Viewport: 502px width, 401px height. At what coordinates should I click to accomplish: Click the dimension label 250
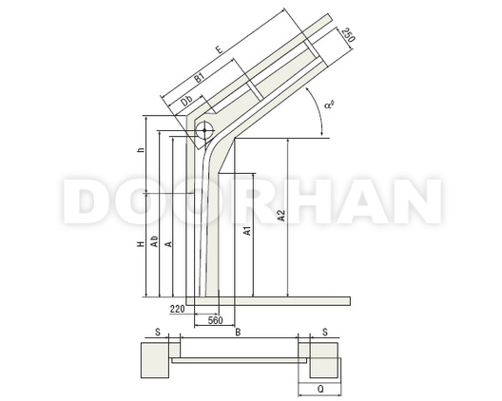click(x=348, y=35)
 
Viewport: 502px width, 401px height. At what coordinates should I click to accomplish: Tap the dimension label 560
click(x=215, y=320)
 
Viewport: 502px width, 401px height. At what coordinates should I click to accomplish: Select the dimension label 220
click(x=178, y=309)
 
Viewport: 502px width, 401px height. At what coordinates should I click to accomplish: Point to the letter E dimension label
click(x=220, y=50)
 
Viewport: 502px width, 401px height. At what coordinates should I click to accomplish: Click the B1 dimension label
click(x=199, y=78)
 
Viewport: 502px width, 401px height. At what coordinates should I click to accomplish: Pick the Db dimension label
click(x=186, y=101)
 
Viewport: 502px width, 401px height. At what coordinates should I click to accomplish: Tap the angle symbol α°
click(x=329, y=105)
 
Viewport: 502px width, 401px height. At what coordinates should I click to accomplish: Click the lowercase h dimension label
click(x=141, y=149)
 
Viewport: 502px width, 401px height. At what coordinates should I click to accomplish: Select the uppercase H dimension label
click(x=141, y=244)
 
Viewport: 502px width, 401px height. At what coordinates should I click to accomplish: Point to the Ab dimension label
click(x=154, y=241)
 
